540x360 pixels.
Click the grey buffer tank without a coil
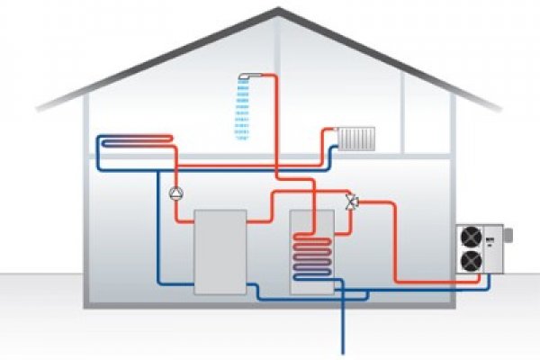tap(220, 250)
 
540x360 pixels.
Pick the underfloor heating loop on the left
tap(135, 142)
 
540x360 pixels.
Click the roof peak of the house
tap(278, 11)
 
